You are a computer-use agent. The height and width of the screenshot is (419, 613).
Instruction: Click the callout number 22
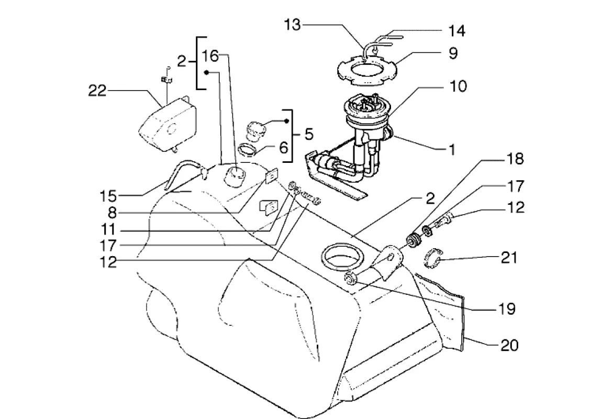(97, 92)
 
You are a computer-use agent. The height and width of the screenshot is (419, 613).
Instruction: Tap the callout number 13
(293, 25)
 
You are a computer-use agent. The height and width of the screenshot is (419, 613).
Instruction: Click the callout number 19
(507, 309)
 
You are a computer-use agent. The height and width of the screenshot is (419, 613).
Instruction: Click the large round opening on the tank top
(340, 256)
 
